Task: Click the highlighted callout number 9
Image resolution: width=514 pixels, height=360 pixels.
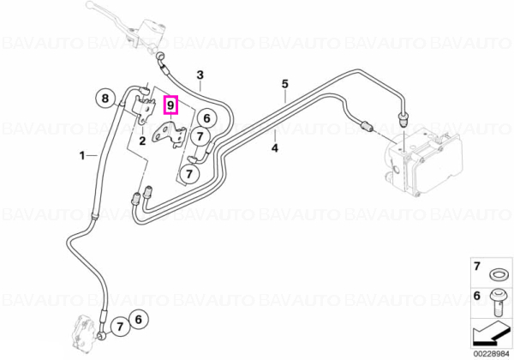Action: [x=170, y=105]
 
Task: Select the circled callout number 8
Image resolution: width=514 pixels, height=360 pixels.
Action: [x=105, y=98]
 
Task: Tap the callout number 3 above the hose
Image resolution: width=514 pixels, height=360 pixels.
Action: [x=200, y=75]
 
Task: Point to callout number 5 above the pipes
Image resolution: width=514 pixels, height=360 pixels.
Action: [x=285, y=84]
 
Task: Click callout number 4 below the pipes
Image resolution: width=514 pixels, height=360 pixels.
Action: [x=275, y=148]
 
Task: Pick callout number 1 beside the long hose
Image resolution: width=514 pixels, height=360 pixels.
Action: [x=82, y=155]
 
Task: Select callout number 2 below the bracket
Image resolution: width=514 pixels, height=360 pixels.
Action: [x=142, y=141]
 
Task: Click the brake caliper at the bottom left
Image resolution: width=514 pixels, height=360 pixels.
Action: [x=85, y=331]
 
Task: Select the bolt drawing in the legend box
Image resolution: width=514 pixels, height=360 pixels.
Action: [x=498, y=303]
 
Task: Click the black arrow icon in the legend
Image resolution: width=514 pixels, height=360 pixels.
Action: [x=490, y=334]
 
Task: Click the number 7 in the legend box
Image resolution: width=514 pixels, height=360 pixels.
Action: [x=477, y=266]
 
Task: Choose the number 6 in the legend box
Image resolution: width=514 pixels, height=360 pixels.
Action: [x=477, y=296]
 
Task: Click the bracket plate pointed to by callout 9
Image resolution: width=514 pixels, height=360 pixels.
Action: [x=169, y=134]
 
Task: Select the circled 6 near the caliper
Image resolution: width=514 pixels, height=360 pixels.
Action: [x=138, y=319]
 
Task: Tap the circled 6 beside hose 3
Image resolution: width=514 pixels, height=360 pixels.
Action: [x=206, y=118]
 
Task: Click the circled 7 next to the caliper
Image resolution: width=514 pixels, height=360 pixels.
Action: [x=120, y=327]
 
